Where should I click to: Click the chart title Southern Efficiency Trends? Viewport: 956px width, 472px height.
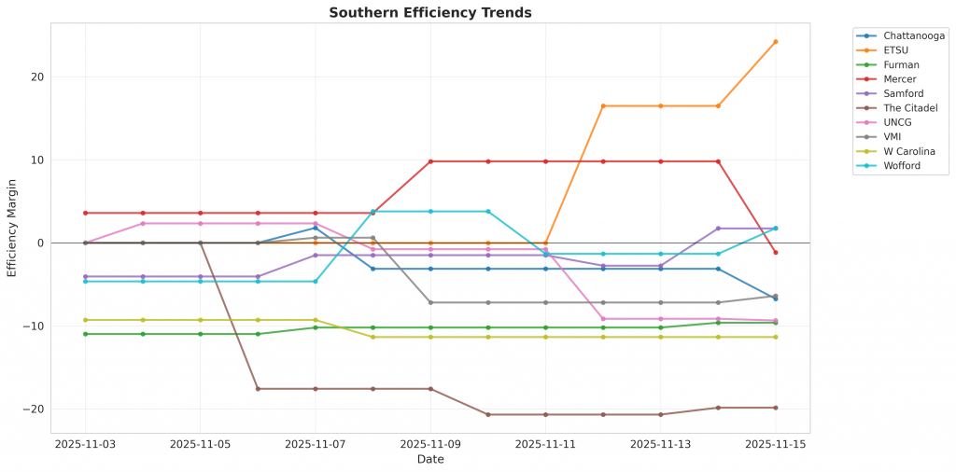(430, 13)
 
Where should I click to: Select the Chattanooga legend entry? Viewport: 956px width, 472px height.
(913, 35)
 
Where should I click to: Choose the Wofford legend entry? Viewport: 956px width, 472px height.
(903, 166)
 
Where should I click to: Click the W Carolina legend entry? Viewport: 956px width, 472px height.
(909, 151)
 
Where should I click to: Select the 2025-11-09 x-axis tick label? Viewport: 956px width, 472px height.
(430, 445)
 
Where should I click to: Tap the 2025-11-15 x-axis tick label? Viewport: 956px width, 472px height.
(775, 445)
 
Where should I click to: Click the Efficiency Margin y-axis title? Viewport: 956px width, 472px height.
(12, 229)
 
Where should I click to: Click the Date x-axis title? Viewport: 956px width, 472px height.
(430, 460)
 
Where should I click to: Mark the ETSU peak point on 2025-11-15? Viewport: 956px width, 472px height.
(775, 42)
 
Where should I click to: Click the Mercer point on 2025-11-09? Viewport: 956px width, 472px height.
(430, 161)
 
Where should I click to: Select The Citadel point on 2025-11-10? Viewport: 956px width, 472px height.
(488, 414)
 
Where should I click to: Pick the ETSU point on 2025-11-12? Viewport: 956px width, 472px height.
(603, 106)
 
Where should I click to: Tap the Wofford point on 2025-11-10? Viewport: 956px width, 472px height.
(488, 212)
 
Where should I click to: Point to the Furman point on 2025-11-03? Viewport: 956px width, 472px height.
(86, 334)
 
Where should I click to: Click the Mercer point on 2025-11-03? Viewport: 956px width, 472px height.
(86, 213)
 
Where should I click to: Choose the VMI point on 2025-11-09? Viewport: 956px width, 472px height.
(430, 302)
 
